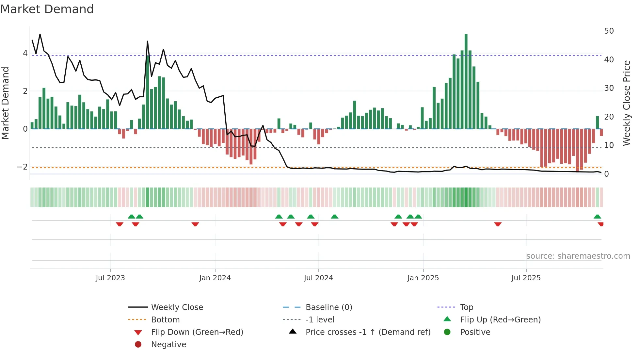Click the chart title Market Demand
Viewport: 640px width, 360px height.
(x=47, y=9)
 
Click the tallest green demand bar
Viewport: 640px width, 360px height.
(x=466, y=82)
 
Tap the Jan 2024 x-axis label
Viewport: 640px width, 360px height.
(x=215, y=278)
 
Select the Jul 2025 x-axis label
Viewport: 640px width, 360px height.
(x=526, y=278)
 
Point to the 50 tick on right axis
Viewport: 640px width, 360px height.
(x=609, y=31)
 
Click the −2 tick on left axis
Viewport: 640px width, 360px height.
(x=22, y=167)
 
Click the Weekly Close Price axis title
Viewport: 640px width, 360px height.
(x=627, y=103)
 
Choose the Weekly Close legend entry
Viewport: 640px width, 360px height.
(x=177, y=307)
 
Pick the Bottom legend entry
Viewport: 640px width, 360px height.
(x=165, y=320)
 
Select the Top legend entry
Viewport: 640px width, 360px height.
(x=467, y=307)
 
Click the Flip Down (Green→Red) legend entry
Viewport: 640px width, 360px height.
(x=197, y=332)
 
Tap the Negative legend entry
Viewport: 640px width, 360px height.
(x=168, y=345)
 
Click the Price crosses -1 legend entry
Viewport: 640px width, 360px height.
(x=368, y=332)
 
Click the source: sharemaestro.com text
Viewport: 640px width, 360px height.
(x=578, y=256)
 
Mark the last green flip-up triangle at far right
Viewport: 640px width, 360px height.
(x=597, y=217)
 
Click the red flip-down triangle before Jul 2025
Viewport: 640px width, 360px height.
(x=498, y=224)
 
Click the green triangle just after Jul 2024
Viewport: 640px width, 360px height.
(x=334, y=217)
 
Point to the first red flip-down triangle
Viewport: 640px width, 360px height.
(x=120, y=224)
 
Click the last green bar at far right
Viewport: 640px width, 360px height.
(x=597, y=123)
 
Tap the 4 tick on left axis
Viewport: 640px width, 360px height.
(x=25, y=53)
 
